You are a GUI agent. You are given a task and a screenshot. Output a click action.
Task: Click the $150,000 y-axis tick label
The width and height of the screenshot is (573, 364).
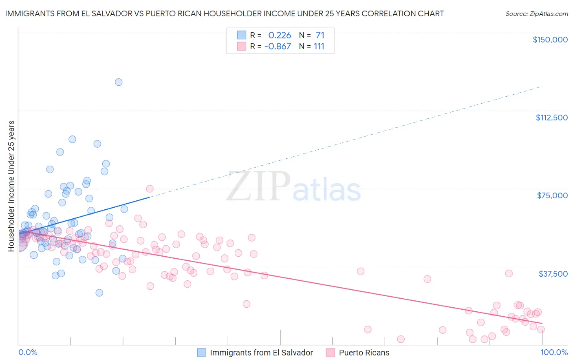(550, 40)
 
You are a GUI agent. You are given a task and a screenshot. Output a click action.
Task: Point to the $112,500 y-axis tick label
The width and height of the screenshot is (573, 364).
(551, 118)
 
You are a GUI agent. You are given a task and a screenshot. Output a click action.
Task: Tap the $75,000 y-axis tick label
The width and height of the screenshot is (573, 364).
(552, 195)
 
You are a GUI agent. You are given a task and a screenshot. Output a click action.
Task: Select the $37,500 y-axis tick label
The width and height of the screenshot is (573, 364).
(553, 274)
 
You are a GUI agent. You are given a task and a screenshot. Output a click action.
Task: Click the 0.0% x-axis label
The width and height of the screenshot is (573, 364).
(28, 352)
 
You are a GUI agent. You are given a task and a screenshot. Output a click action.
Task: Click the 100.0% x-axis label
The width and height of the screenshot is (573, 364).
(554, 352)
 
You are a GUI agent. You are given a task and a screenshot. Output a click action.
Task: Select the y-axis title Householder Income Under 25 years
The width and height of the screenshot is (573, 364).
(11, 186)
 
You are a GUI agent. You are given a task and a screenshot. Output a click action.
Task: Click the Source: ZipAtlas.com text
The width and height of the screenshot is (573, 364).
(536, 13)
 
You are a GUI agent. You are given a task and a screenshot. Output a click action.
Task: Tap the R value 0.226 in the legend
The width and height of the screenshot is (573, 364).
(280, 36)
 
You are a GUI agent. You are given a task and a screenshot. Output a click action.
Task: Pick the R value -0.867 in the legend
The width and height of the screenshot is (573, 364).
(278, 47)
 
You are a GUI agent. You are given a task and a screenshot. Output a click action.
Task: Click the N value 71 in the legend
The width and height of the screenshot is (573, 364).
(320, 36)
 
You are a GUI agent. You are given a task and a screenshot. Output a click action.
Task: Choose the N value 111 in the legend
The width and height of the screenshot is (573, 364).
(319, 47)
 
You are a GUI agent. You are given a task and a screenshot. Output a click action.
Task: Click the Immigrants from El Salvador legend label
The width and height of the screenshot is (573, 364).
(261, 353)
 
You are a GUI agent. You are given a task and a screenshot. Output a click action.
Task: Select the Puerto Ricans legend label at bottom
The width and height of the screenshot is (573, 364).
(364, 353)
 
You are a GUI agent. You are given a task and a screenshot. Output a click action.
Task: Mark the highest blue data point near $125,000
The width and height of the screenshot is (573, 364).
(119, 82)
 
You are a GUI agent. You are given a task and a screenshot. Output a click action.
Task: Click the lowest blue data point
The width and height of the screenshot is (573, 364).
(99, 293)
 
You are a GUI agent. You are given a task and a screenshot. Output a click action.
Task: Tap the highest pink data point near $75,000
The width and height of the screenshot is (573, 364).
(150, 189)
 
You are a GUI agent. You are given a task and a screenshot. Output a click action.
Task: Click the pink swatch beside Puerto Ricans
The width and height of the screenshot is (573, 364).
(330, 353)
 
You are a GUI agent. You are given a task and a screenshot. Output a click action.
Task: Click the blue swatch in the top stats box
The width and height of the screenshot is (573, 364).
(242, 35)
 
